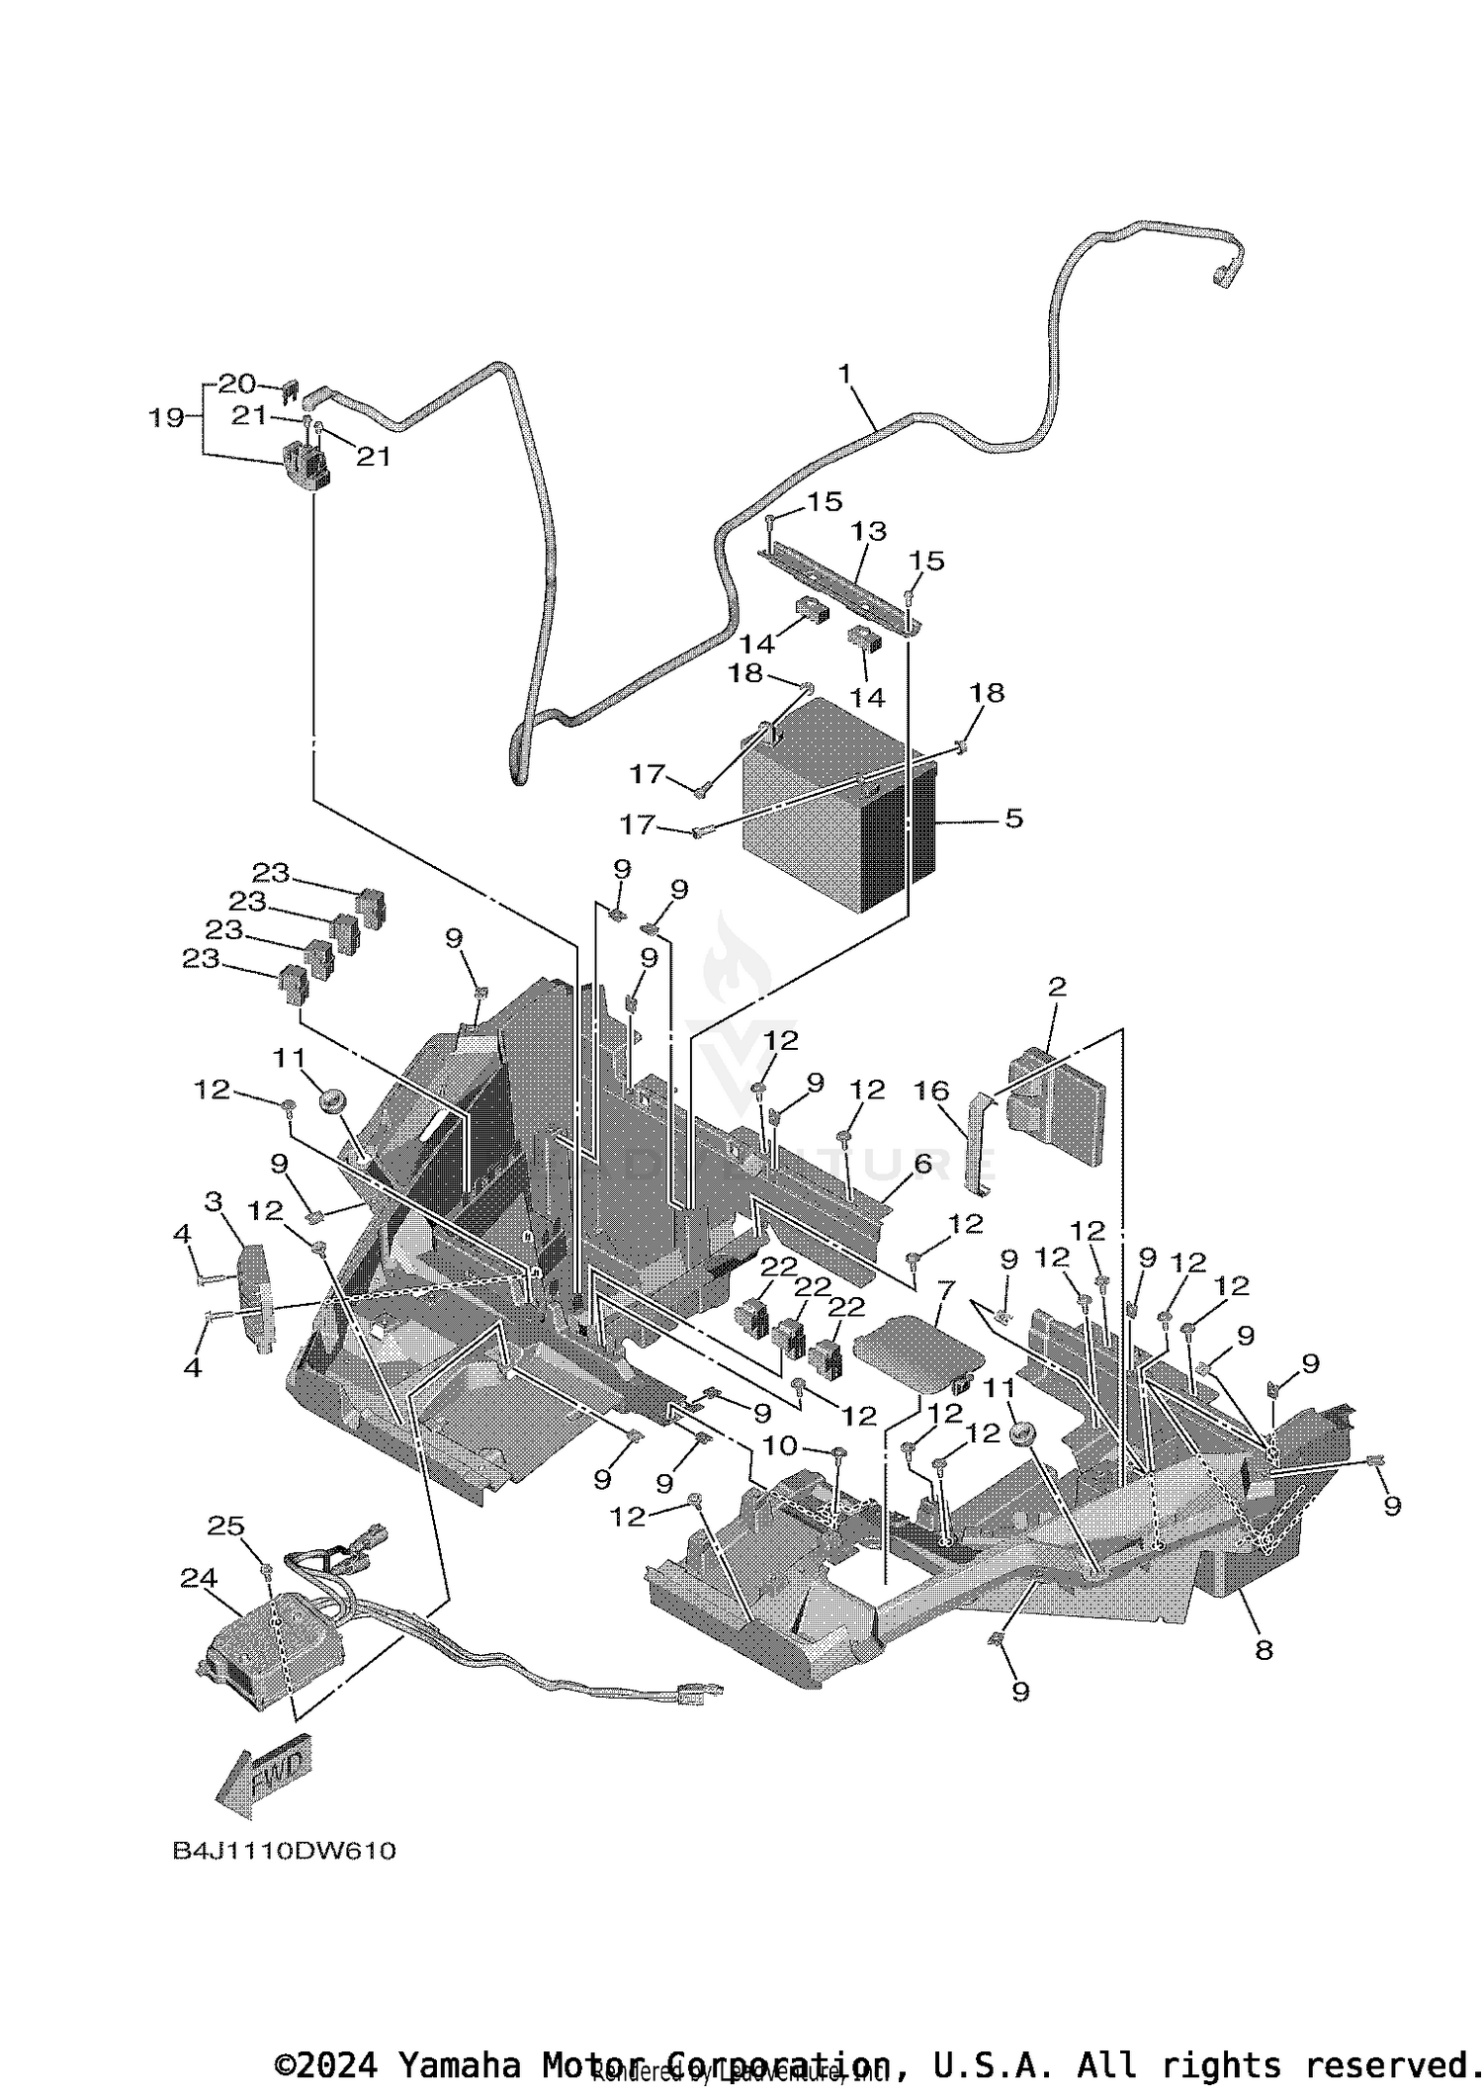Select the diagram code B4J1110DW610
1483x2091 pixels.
(x=284, y=1851)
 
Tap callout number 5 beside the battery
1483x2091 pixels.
(x=1013, y=819)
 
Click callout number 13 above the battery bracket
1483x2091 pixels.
(x=869, y=531)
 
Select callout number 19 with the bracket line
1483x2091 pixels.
(x=166, y=417)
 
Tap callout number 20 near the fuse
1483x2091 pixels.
(x=236, y=383)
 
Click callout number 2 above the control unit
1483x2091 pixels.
(x=1057, y=986)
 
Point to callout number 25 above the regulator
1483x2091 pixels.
(x=225, y=1525)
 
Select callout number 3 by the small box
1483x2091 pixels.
(x=213, y=1201)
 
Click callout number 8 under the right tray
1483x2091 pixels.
(x=1264, y=1649)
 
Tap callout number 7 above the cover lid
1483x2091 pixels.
(x=945, y=1288)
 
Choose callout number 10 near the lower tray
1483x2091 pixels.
(x=780, y=1445)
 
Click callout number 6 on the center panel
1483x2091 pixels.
(x=921, y=1164)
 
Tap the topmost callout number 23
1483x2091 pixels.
(x=270, y=873)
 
